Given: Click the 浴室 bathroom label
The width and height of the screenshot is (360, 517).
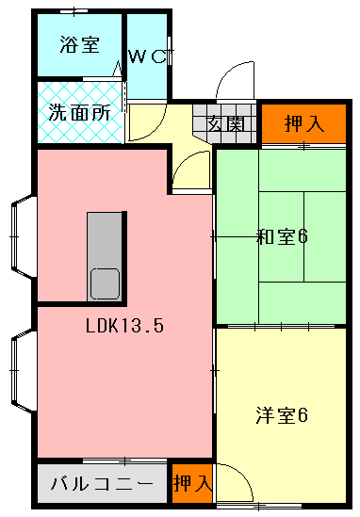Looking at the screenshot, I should [78, 44].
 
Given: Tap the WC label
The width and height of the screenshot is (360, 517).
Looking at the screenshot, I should [149, 57].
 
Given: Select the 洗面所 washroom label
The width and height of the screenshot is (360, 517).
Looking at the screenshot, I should [79, 111].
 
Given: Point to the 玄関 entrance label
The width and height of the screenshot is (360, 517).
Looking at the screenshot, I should [226, 122].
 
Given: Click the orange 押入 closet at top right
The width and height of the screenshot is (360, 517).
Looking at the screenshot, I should [303, 122].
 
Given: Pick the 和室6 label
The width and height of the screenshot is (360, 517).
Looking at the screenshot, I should [283, 235].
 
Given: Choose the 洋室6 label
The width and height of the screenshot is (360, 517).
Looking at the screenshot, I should [282, 414].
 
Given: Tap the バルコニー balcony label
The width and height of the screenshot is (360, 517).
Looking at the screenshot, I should [101, 484].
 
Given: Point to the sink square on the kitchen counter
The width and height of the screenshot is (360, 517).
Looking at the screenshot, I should [104, 283].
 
